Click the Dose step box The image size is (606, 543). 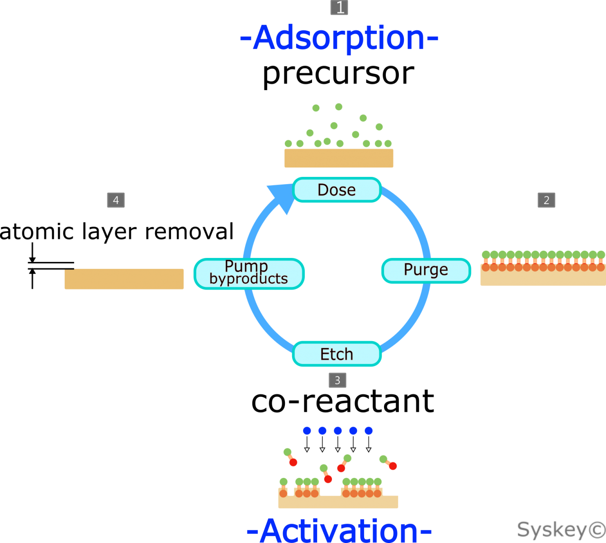tap(337, 190)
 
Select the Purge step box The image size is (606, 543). tap(426, 271)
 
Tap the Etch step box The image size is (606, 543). tap(337, 354)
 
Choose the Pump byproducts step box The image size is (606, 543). tap(249, 273)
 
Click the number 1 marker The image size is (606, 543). tap(339, 8)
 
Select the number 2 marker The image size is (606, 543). tap(546, 200)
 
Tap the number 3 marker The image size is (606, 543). tap(337, 380)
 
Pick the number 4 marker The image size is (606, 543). tap(116, 200)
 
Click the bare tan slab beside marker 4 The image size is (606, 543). tap(124, 279)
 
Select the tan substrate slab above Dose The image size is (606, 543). tap(338, 158)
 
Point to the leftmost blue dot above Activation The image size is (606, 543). tap(307, 430)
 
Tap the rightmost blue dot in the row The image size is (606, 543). tap(369, 430)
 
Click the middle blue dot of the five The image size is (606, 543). tap(338, 430)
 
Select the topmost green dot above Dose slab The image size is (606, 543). tap(339, 107)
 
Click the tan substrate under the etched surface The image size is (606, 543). tap(338, 503)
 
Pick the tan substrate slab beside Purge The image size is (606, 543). tap(543, 278)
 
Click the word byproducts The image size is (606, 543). tap(249, 279)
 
